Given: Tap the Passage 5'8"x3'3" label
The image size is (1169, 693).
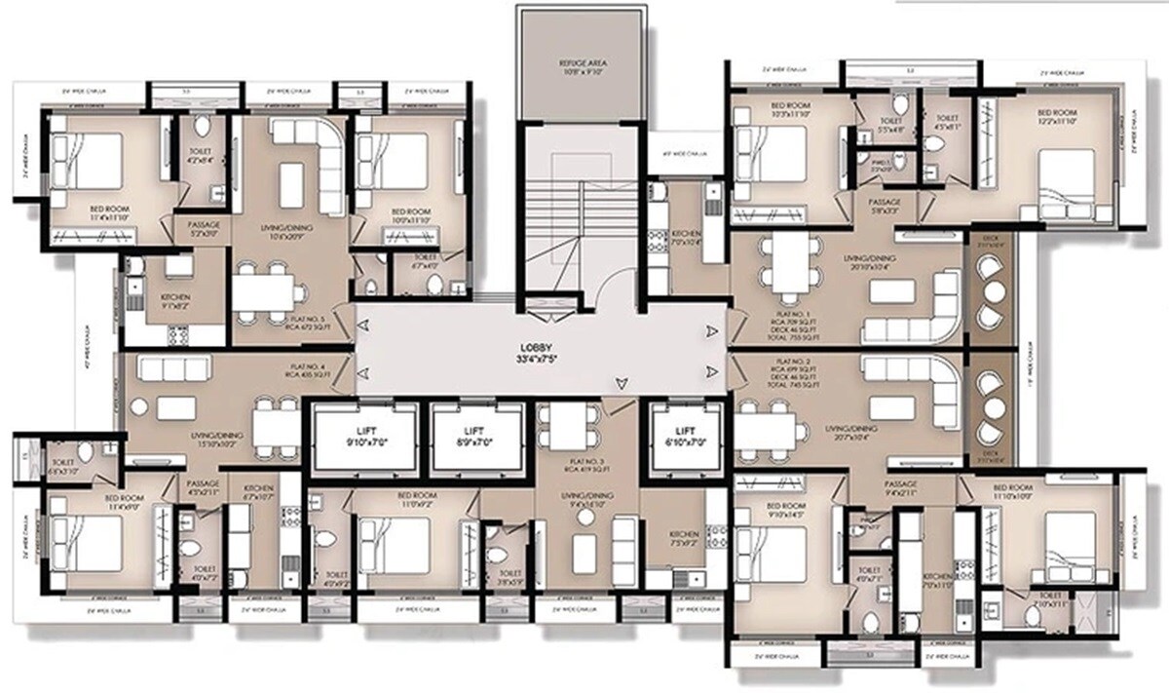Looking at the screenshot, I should [x=884, y=203].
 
